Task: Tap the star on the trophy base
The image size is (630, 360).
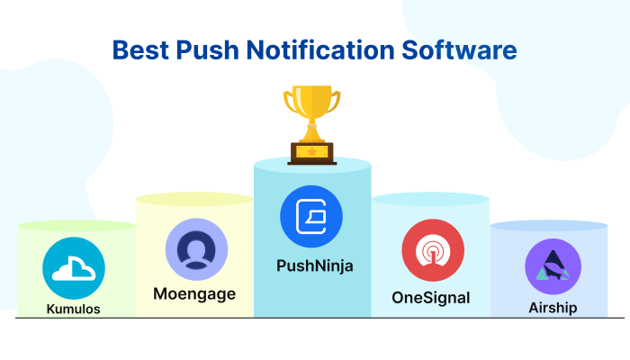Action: point(312,152)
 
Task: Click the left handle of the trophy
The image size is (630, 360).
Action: point(289,102)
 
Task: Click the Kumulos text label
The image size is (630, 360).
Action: point(74,309)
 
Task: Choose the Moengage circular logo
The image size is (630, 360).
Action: point(193,247)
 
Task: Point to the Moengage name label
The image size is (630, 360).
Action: point(193,293)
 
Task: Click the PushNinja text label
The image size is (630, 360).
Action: point(311,266)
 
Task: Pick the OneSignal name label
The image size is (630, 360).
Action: point(430,297)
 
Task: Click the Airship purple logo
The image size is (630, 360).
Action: point(552,267)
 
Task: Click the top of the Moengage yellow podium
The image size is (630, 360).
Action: point(194,199)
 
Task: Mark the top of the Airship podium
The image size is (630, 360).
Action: point(548,226)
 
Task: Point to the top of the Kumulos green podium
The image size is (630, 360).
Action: point(76,226)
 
